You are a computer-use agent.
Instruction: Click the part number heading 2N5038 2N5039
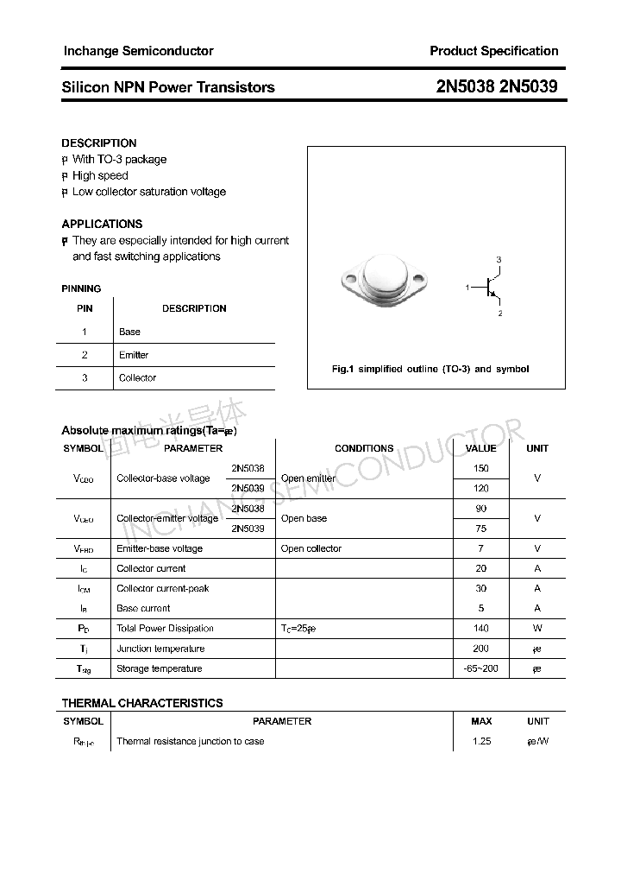pyautogui.click(x=497, y=86)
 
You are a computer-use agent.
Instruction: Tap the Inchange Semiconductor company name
pyautogui.click(x=138, y=51)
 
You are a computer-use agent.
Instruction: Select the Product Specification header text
pyautogui.click(x=493, y=51)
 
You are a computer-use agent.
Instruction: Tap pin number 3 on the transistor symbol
pyautogui.click(x=499, y=260)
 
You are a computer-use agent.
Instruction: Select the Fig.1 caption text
pyautogui.click(x=430, y=369)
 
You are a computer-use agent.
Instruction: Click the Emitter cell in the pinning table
pyautogui.click(x=134, y=355)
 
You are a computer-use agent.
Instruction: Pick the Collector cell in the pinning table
pyautogui.click(x=137, y=377)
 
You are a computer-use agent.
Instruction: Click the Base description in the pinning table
pyautogui.click(x=129, y=332)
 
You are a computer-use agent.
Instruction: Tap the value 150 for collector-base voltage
pyautogui.click(x=480, y=468)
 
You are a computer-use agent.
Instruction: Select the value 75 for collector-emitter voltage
pyautogui.click(x=480, y=529)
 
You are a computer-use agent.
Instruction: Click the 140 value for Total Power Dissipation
pyautogui.click(x=480, y=628)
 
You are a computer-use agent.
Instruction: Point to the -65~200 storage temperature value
pyautogui.click(x=480, y=668)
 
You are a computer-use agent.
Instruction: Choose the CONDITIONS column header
pyautogui.click(x=364, y=448)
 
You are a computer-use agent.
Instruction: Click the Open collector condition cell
pyautogui.click(x=311, y=548)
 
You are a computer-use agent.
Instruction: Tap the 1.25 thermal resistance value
pyautogui.click(x=481, y=741)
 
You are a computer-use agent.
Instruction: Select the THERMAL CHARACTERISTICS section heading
pyautogui.click(x=141, y=703)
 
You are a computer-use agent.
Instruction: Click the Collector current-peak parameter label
pyautogui.click(x=162, y=588)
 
